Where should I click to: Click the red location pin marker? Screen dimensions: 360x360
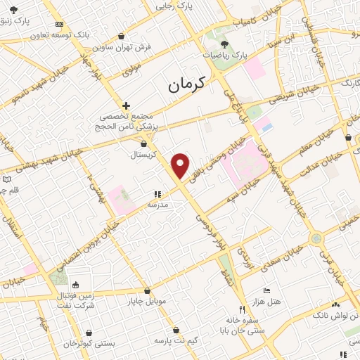coord(181,165)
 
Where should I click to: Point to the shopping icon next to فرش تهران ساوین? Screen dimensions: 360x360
coord(122,36)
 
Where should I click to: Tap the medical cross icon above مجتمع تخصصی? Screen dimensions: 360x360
coord(126,105)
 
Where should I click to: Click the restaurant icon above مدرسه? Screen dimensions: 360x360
coord(157,194)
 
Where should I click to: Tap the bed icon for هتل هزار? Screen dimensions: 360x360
coord(266,290)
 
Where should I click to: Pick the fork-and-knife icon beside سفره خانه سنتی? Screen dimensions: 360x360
coord(242,309)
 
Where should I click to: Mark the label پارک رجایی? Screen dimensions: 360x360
coord(174,5)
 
